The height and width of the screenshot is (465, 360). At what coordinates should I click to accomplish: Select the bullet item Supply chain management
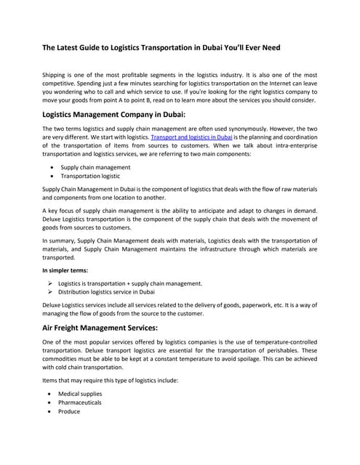coord(95,167)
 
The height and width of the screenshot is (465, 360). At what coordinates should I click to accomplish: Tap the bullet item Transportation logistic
coord(90,176)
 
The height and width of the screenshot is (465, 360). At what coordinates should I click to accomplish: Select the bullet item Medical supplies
coord(81,394)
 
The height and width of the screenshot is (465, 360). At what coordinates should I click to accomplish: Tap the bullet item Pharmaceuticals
coord(81,403)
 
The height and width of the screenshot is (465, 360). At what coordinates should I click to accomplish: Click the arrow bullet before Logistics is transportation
coord(49,283)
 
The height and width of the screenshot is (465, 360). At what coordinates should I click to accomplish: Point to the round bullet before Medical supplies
coord(50,394)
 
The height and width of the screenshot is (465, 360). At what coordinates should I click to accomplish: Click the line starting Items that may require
coord(105,380)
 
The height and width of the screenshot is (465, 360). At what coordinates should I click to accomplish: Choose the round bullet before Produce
coord(50,411)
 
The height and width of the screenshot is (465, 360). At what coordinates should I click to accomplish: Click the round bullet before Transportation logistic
coord(50,176)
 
